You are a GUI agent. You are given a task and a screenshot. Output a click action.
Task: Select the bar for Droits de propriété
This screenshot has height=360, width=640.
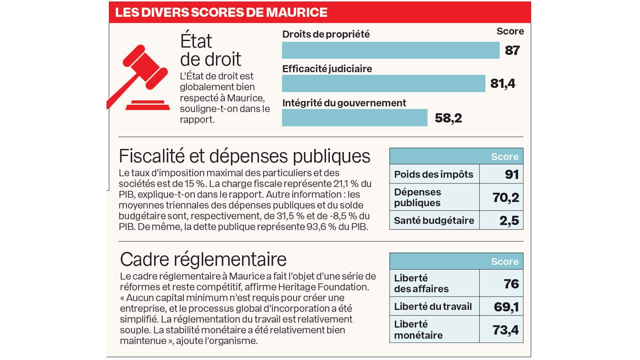[390, 50]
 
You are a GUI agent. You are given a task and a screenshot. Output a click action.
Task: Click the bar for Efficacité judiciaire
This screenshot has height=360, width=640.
[383, 83]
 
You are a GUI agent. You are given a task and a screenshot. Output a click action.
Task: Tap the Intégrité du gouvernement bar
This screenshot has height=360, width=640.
[354, 117]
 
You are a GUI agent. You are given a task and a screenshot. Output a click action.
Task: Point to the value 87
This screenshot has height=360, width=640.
[512, 50]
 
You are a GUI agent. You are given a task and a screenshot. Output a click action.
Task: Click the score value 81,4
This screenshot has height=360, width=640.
[502, 83]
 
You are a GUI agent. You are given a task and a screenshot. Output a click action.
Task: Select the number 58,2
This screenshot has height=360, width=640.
[448, 118]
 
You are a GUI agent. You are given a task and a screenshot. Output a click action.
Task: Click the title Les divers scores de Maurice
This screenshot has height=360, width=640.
[221, 12]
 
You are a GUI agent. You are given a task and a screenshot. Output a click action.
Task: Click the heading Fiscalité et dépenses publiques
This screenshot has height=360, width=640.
[244, 156]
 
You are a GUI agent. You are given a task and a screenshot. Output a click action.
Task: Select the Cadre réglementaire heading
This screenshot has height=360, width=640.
[203, 259]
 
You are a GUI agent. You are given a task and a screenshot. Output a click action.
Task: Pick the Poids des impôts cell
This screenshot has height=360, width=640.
[433, 174]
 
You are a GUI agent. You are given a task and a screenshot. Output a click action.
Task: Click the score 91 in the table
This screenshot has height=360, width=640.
[511, 174]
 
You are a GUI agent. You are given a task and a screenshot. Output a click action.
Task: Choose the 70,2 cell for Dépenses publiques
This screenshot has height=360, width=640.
[506, 197]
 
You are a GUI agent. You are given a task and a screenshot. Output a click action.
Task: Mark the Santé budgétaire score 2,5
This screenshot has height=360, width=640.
[509, 220]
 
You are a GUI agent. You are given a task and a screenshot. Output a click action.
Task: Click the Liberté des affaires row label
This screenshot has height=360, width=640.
[421, 283]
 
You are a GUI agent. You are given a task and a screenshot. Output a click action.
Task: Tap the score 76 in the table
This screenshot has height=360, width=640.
[511, 283]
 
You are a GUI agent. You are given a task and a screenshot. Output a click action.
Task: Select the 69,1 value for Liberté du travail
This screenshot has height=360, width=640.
[506, 306]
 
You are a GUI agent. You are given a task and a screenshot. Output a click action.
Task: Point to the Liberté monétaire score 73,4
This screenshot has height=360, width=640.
[506, 329]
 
